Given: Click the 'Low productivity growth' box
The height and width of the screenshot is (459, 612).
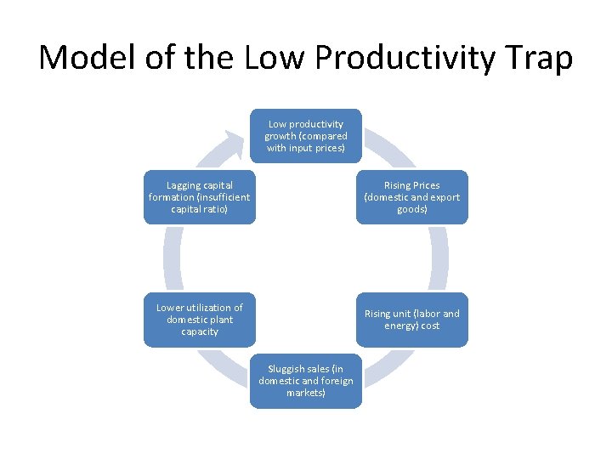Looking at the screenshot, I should (x=305, y=136).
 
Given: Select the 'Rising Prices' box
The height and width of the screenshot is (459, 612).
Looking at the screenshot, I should (x=411, y=197).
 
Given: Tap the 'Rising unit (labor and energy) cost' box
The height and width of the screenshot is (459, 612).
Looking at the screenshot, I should (x=411, y=320).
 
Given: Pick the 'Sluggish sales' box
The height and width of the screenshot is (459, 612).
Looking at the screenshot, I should (x=305, y=381).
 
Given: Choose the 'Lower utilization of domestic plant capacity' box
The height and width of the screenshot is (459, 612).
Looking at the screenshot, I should (x=199, y=320).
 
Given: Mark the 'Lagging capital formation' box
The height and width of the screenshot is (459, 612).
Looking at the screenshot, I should (x=199, y=197).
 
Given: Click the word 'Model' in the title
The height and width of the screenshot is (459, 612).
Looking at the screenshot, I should (x=88, y=58).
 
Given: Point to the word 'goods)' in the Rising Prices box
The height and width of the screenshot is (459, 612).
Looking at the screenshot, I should (x=412, y=209).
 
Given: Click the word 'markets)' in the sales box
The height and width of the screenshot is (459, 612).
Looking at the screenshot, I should (x=305, y=393).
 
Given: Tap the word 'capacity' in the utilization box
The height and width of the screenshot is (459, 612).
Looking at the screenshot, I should (x=200, y=331).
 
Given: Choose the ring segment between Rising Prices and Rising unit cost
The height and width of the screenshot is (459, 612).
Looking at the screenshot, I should (x=439, y=258).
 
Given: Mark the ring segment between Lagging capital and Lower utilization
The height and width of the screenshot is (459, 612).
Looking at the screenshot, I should (x=173, y=258).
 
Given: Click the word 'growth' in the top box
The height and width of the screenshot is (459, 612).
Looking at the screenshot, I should (x=280, y=136).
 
